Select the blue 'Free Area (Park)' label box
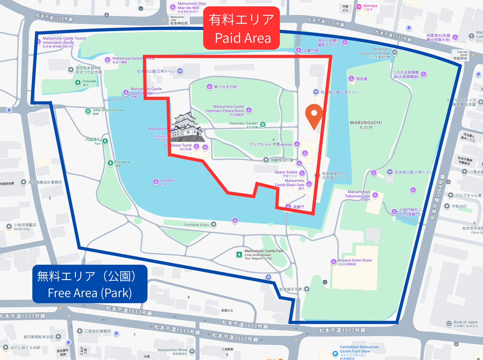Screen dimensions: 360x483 point(89,285)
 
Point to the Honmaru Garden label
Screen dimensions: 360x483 point(243,123)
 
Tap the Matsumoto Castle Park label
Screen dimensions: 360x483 point(264,251)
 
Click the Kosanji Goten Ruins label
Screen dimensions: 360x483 point(355,260)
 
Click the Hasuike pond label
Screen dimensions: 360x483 point(89,81)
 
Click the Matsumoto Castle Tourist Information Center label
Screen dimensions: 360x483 point(58,41)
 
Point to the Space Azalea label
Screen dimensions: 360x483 point(286,172)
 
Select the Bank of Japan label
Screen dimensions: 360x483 point(465,322)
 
